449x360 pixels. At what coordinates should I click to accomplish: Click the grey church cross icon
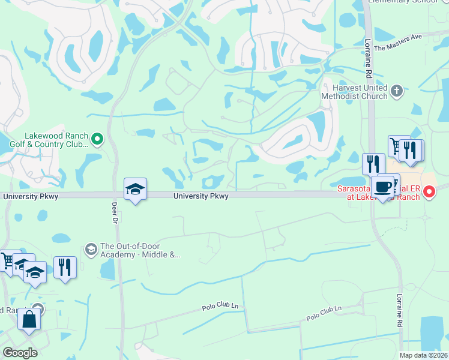[x=396, y=91]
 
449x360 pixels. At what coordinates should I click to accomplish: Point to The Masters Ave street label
[x=398, y=41]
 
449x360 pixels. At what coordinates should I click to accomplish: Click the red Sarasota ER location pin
[x=429, y=193]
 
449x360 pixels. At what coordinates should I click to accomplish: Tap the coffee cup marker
[x=383, y=187]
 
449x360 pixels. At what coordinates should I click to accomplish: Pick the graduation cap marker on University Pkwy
[x=135, y=190]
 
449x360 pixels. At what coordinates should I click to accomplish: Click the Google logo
[x=20, y=353]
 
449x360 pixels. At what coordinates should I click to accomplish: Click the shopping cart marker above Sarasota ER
[x=396, y=146]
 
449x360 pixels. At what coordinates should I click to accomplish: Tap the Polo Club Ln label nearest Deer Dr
[x=220, y=307]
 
